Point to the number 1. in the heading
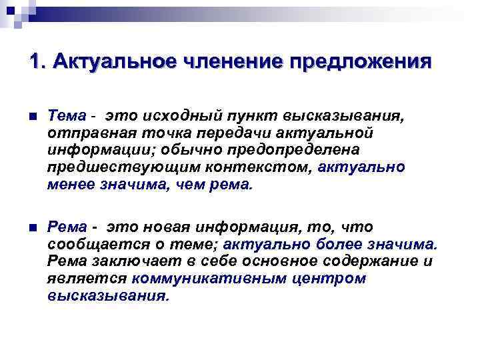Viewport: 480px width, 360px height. coord(37,61)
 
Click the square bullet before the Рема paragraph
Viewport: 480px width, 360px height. coord(33,228)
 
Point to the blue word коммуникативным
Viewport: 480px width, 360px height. coord(209,277)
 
